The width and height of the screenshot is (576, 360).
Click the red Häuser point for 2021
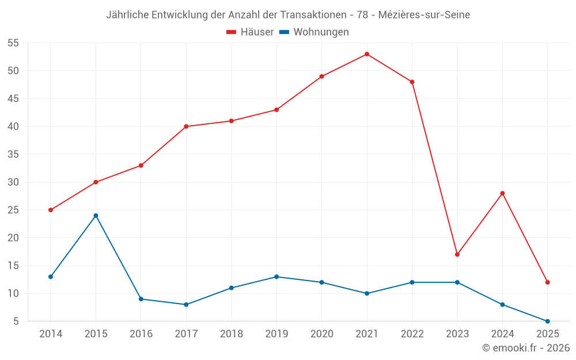tap(367, 54)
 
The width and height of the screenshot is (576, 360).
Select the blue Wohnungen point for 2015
tap(96, 215)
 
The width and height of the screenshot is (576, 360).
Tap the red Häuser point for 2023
tap(457, 254)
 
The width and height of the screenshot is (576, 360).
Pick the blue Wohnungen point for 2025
tap(548, 321)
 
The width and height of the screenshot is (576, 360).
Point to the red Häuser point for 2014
tap(51, 210)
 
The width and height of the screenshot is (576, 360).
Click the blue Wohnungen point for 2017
tap(186, 304)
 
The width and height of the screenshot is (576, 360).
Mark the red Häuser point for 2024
tap(502, 193)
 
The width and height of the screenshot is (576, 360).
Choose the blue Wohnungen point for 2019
tap(276, 276)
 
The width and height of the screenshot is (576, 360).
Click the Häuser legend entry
tap(250, 32)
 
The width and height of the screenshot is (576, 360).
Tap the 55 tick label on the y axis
tap(13, 43)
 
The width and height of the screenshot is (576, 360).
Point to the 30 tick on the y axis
tap(13, 182)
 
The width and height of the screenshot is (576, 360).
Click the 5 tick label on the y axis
tap(16, 321)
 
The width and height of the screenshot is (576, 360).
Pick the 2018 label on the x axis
tap(231, 334)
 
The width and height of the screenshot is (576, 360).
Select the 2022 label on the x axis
tap(412, 334)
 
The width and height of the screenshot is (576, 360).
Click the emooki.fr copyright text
tap(525, 348)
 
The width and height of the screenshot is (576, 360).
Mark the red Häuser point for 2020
tap(321, 76)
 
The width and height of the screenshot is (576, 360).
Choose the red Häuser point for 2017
tap(186, 126)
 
